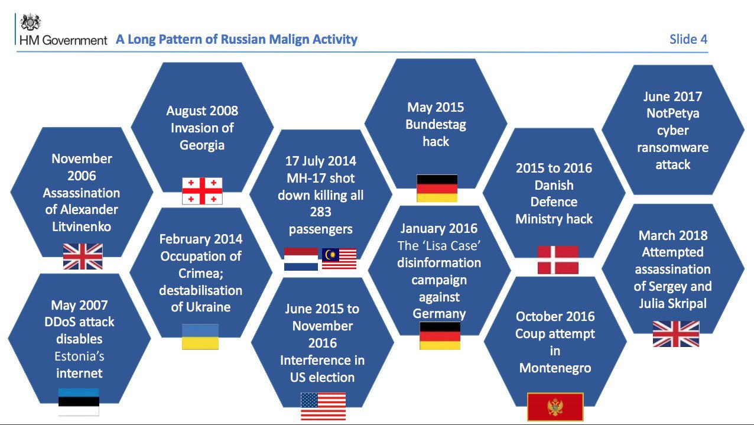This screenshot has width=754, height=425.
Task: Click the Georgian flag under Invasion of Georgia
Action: (202, 191)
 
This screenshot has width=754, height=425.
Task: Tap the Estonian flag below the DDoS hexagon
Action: (79, 402)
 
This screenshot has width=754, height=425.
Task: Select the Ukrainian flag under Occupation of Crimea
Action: (200, 337)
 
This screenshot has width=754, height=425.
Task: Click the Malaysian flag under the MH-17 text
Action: (339, 259)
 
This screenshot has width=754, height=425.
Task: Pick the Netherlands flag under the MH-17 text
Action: (301, 259)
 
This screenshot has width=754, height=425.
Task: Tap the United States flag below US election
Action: (323, 406)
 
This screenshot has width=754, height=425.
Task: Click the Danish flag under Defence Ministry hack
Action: (558, 259)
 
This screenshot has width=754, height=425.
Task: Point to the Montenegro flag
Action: (555, 407)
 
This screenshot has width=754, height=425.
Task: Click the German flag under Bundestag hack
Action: (437, 188)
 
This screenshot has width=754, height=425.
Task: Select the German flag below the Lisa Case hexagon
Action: (440, 336)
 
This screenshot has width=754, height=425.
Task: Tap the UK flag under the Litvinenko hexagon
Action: (83, 257)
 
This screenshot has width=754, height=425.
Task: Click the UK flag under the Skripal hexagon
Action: (676, 334)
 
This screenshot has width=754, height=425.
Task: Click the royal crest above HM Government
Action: (30, 22)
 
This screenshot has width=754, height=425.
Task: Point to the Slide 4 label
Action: (688, 40)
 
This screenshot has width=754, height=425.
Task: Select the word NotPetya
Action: (673, 113)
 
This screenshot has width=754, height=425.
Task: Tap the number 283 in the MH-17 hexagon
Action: (320, 212)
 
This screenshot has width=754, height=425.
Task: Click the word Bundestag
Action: (435, 125)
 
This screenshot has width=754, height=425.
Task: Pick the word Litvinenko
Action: (82, 226)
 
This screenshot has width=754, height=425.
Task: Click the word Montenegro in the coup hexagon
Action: (555, 368)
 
